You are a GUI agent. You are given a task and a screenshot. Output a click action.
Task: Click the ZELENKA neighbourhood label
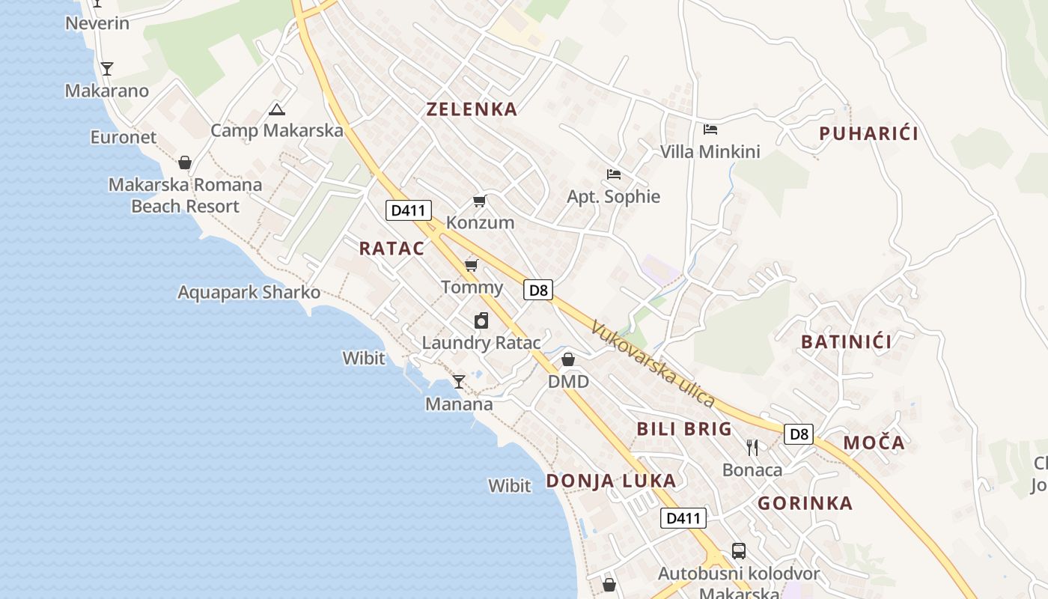pyautogui.click(x=472, y=109)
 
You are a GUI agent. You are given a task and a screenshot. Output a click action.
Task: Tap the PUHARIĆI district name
pyautogui.click(x=868, y=134)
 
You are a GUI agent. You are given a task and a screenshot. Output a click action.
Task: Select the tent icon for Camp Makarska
pyautogui.click(x=276, y=110)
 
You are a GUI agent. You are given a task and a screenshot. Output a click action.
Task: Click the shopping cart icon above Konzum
pyautogui.click(x=479, y=201)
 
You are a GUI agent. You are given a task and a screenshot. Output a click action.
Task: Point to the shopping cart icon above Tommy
pyautogui.click(x=471, y=266)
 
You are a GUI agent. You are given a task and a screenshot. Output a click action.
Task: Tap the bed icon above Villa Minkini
pyautogui.click(x=710, y=130)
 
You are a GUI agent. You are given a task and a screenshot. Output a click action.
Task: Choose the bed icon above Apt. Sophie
pyautogui.click(x=614, y=174)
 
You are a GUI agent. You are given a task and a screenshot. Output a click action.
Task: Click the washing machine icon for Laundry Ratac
pyautogui.click(x=481, y=320)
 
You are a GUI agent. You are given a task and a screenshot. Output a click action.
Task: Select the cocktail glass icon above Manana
pyautogui.click(x=458, y=382)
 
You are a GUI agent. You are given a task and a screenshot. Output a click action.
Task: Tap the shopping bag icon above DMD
pyautogui.click(x=568, y=359)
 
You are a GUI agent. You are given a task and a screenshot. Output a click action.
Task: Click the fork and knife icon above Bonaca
pyautogui.click(x=752, y=448)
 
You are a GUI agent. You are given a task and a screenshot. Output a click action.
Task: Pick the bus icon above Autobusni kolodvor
pyautogui.click(x=738, y=551)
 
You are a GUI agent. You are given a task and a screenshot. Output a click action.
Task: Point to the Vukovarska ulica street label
pyautogui.click(x=652, y=365)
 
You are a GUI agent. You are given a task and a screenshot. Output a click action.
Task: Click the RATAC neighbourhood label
pyautogui.click(x=392, y=249)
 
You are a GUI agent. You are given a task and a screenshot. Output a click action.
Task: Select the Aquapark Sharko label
pyautogui.click(x=249, y=292)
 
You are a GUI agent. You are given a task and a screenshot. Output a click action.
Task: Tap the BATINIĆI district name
pyautogui.click(x=846, y=342)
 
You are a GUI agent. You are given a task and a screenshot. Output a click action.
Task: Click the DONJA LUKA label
pyautogui.click(x=611, y=481)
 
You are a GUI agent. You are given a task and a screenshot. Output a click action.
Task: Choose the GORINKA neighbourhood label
pyautogui.click(x=805, y=503)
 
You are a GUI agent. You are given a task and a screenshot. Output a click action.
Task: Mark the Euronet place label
pyautogui.click(x=124, y=137)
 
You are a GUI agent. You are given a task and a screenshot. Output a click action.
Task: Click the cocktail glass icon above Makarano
pyautogui.click(x=107, y=69)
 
